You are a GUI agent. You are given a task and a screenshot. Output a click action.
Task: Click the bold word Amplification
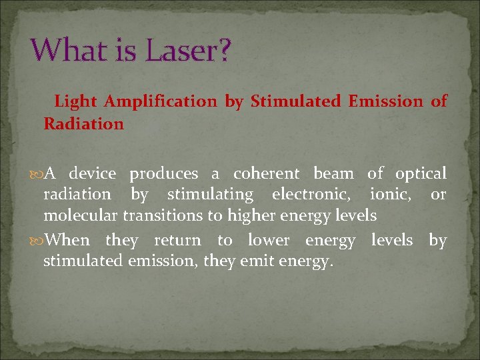pos(161,101)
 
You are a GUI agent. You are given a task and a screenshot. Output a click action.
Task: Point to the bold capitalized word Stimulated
pos(294,101)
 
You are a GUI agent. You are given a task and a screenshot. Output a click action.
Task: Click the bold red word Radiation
pos(83,123)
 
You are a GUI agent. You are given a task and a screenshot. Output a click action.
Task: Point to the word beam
pos(333,174)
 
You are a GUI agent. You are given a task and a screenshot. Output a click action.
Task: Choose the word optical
pos(421,175)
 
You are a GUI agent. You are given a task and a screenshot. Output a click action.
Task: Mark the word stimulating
pos(210,195)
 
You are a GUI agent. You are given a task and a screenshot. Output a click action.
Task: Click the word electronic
pos(311,195)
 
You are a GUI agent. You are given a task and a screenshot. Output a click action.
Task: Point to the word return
pos(177,240)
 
